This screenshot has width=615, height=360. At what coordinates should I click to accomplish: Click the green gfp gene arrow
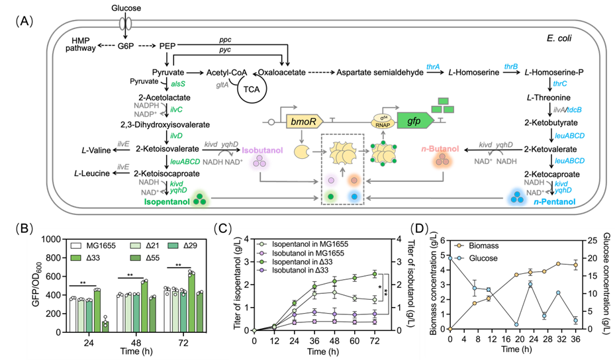coord(413,120)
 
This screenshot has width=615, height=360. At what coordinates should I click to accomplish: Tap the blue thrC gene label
coord(560,84)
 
